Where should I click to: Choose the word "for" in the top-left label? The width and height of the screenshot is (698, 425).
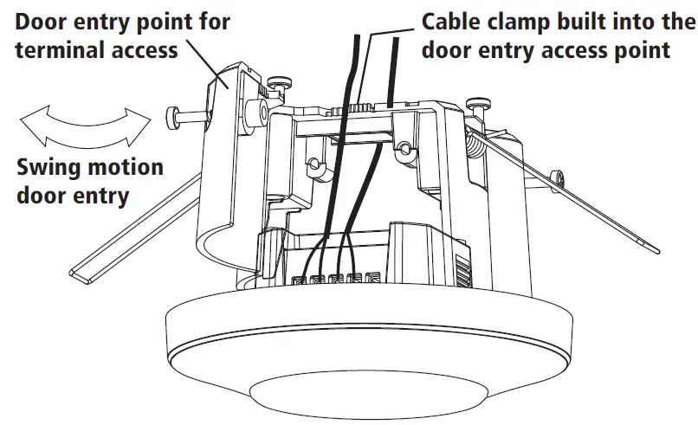point(211,20)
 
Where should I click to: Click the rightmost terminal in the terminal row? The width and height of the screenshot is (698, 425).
point(372,280)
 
